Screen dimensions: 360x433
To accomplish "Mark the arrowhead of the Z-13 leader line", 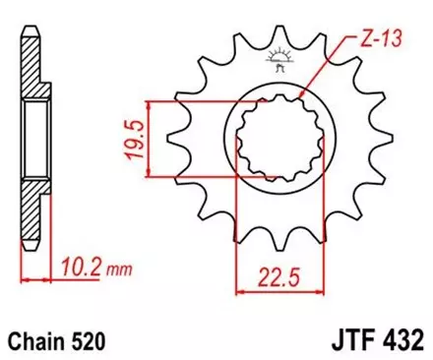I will [301, 95].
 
